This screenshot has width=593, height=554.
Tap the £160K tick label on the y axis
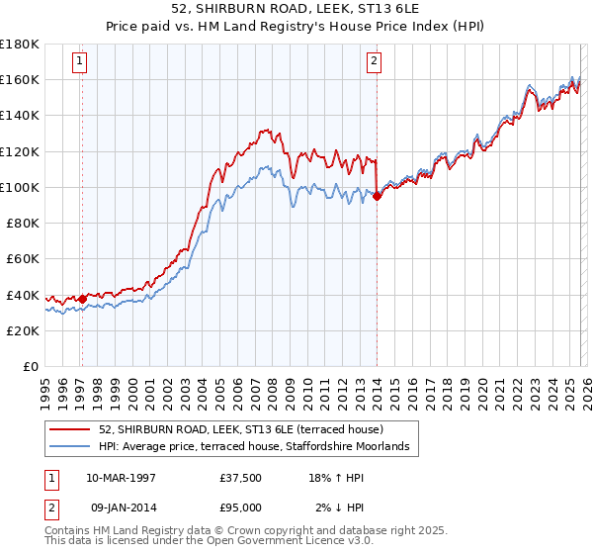[x=19, y=79]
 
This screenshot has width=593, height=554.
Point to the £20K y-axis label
[x=22, y=330]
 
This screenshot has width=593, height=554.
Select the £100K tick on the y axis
[x=19, y=187]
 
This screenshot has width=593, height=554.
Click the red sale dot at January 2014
[x=377, y=196]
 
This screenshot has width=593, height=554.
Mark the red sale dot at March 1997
[x=82, y=299]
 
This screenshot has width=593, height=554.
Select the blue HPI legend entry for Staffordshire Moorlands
[x=260, y=447]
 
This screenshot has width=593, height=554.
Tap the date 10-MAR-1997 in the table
[x=121, y=478]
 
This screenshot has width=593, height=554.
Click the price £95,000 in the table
[x=240, y=507]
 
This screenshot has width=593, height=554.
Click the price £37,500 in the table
[x=240, y=478]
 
